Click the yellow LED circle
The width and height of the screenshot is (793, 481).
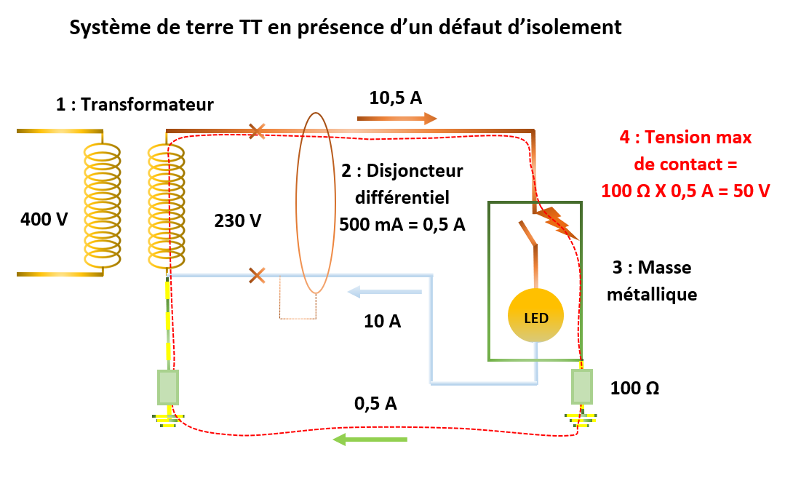click(535, 315)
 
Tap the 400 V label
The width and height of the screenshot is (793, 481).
click(44, 218)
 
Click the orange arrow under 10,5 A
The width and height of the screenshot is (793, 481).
click(397, 118)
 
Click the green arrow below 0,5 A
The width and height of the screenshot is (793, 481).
click(370, 439)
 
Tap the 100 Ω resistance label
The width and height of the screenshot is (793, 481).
click(635, 388)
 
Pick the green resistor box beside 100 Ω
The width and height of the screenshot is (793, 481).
click(581, 386)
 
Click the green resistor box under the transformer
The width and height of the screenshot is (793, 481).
click(168, 387)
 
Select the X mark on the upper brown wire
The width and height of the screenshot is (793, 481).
click(257, 132)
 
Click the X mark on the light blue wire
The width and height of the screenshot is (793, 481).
click(257, 275)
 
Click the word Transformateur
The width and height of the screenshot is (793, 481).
click(147, 105)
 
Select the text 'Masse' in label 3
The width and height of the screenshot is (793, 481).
click(666, 268)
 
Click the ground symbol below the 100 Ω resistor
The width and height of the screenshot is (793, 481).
click(581, 418)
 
